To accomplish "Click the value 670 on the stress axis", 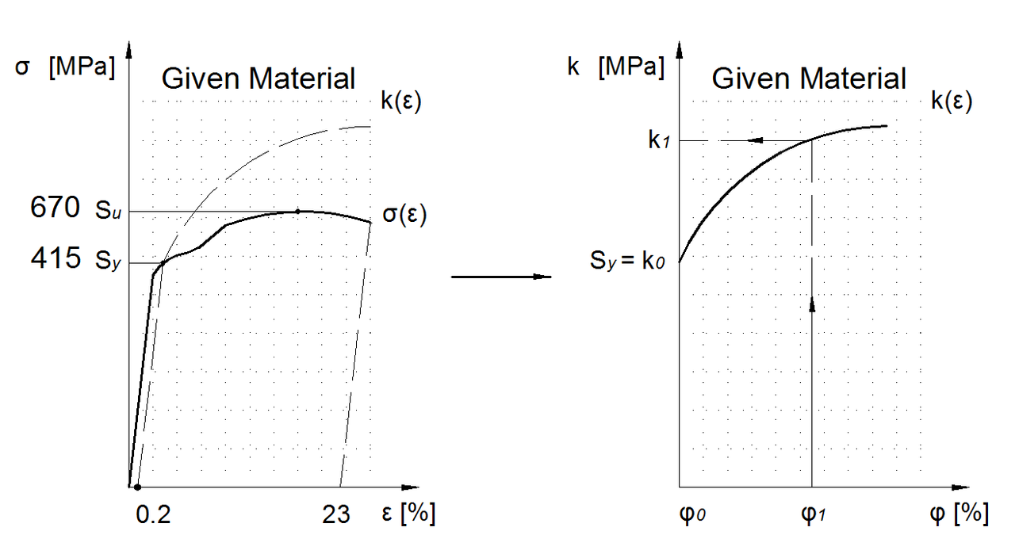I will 55,208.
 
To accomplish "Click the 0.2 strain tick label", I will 154,515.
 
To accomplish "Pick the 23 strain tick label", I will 335,515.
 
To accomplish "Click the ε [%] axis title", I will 408,514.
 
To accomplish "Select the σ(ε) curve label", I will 404,215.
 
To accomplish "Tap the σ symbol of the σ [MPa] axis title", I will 22,67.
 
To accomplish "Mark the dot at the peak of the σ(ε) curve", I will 297,211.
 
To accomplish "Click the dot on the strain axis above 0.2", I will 138,487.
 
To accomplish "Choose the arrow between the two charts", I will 501,277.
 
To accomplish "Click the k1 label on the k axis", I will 659,142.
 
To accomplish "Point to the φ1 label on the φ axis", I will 812,515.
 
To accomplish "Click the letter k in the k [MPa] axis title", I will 573,67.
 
